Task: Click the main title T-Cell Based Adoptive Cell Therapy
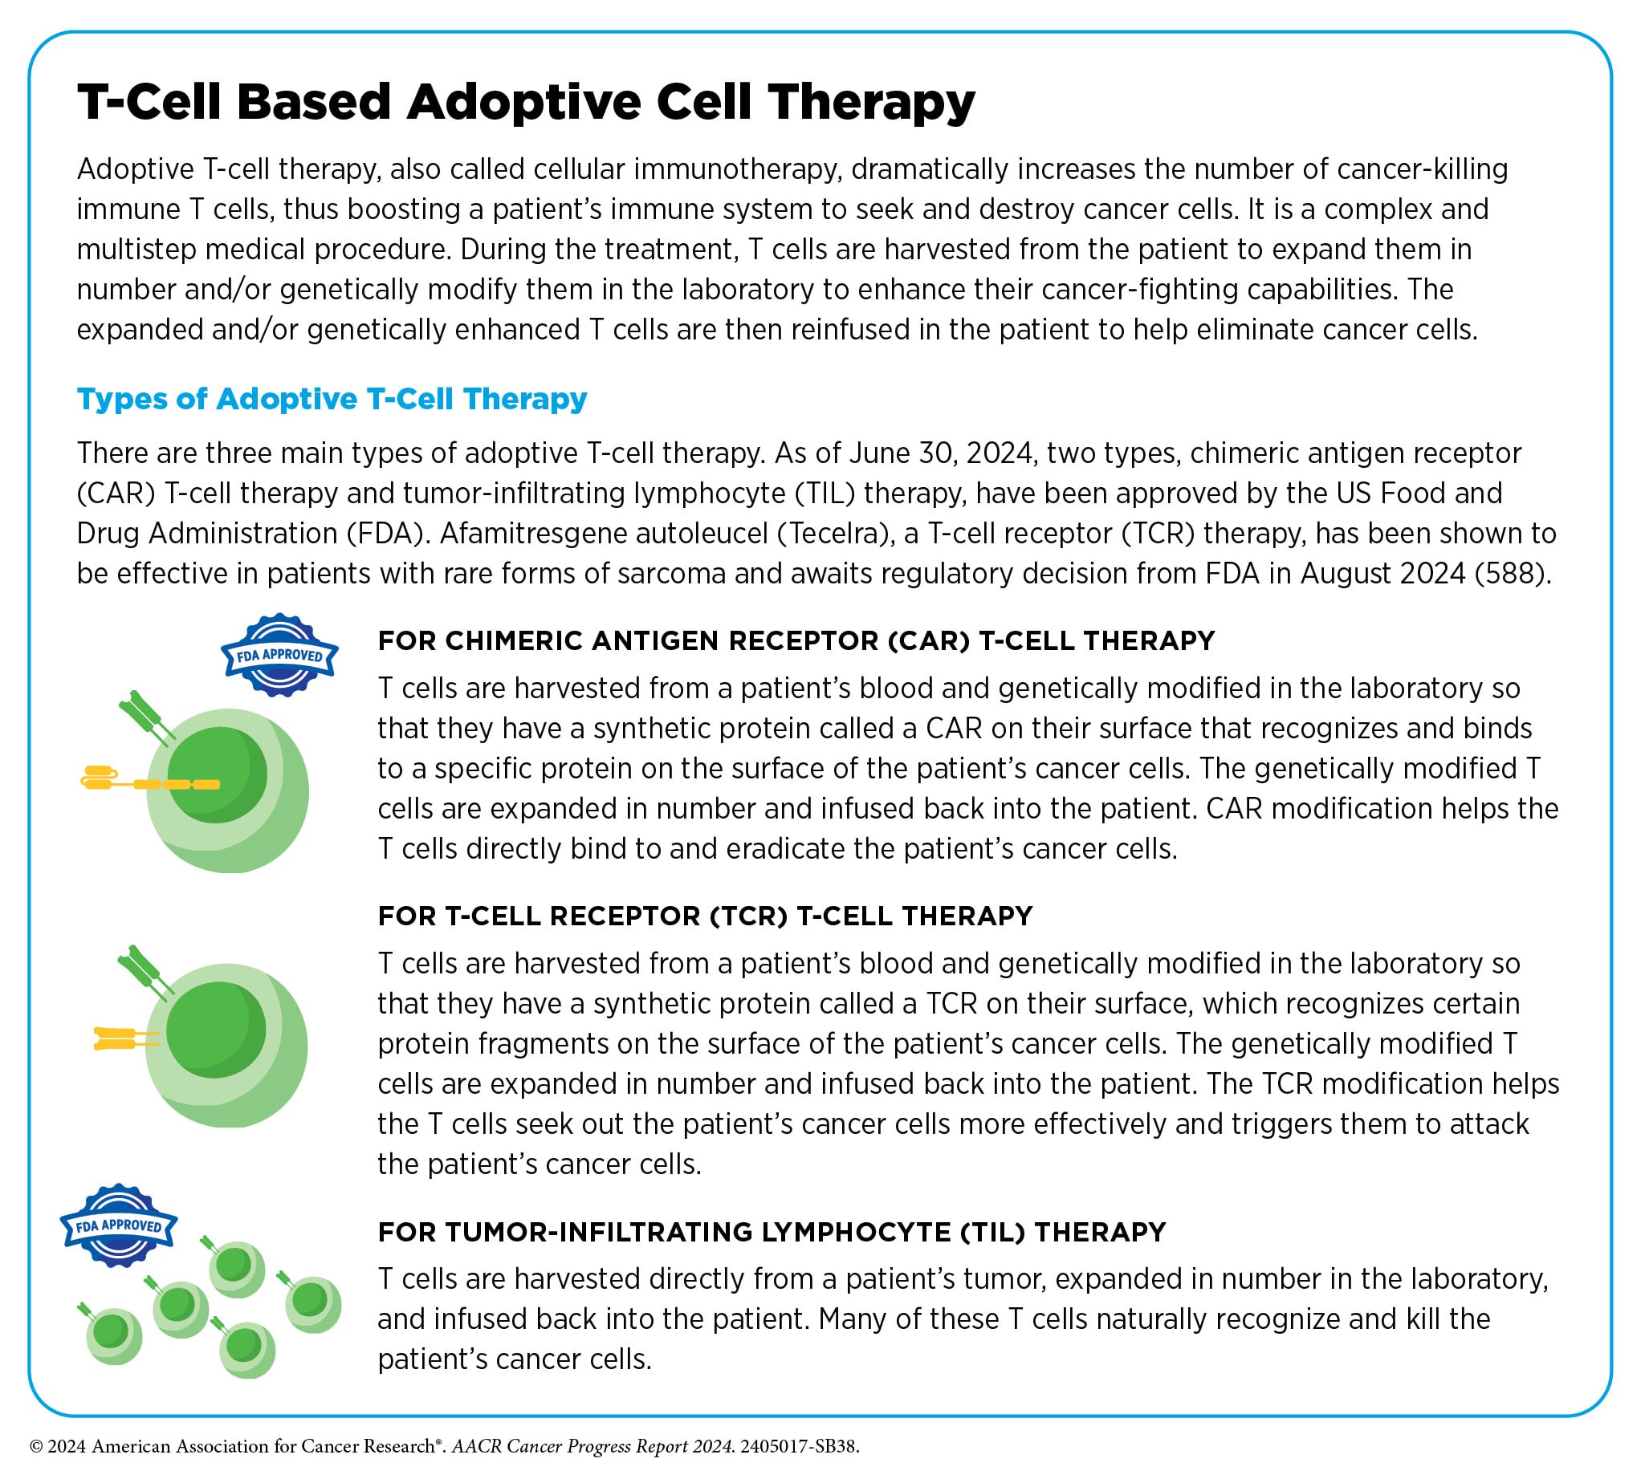click(x=525, y=103)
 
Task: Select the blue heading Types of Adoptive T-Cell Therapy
click(x=332, y=399)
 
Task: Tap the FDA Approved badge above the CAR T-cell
click(x=279, y=655)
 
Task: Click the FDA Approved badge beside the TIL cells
click(x=118, y=1225)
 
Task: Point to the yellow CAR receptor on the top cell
click(x=151, y=783)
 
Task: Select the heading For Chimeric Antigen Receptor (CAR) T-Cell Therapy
click(x=796, y=641)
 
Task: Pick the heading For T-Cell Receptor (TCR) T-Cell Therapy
click(x=705, y=916)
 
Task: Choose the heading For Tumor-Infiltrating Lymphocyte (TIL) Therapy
click(x=771, y=1232)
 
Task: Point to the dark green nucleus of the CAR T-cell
click(x=218, y=774)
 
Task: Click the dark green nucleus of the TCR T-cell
click(x=216, y=1030)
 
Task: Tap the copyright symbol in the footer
click(x=35, y=1447)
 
